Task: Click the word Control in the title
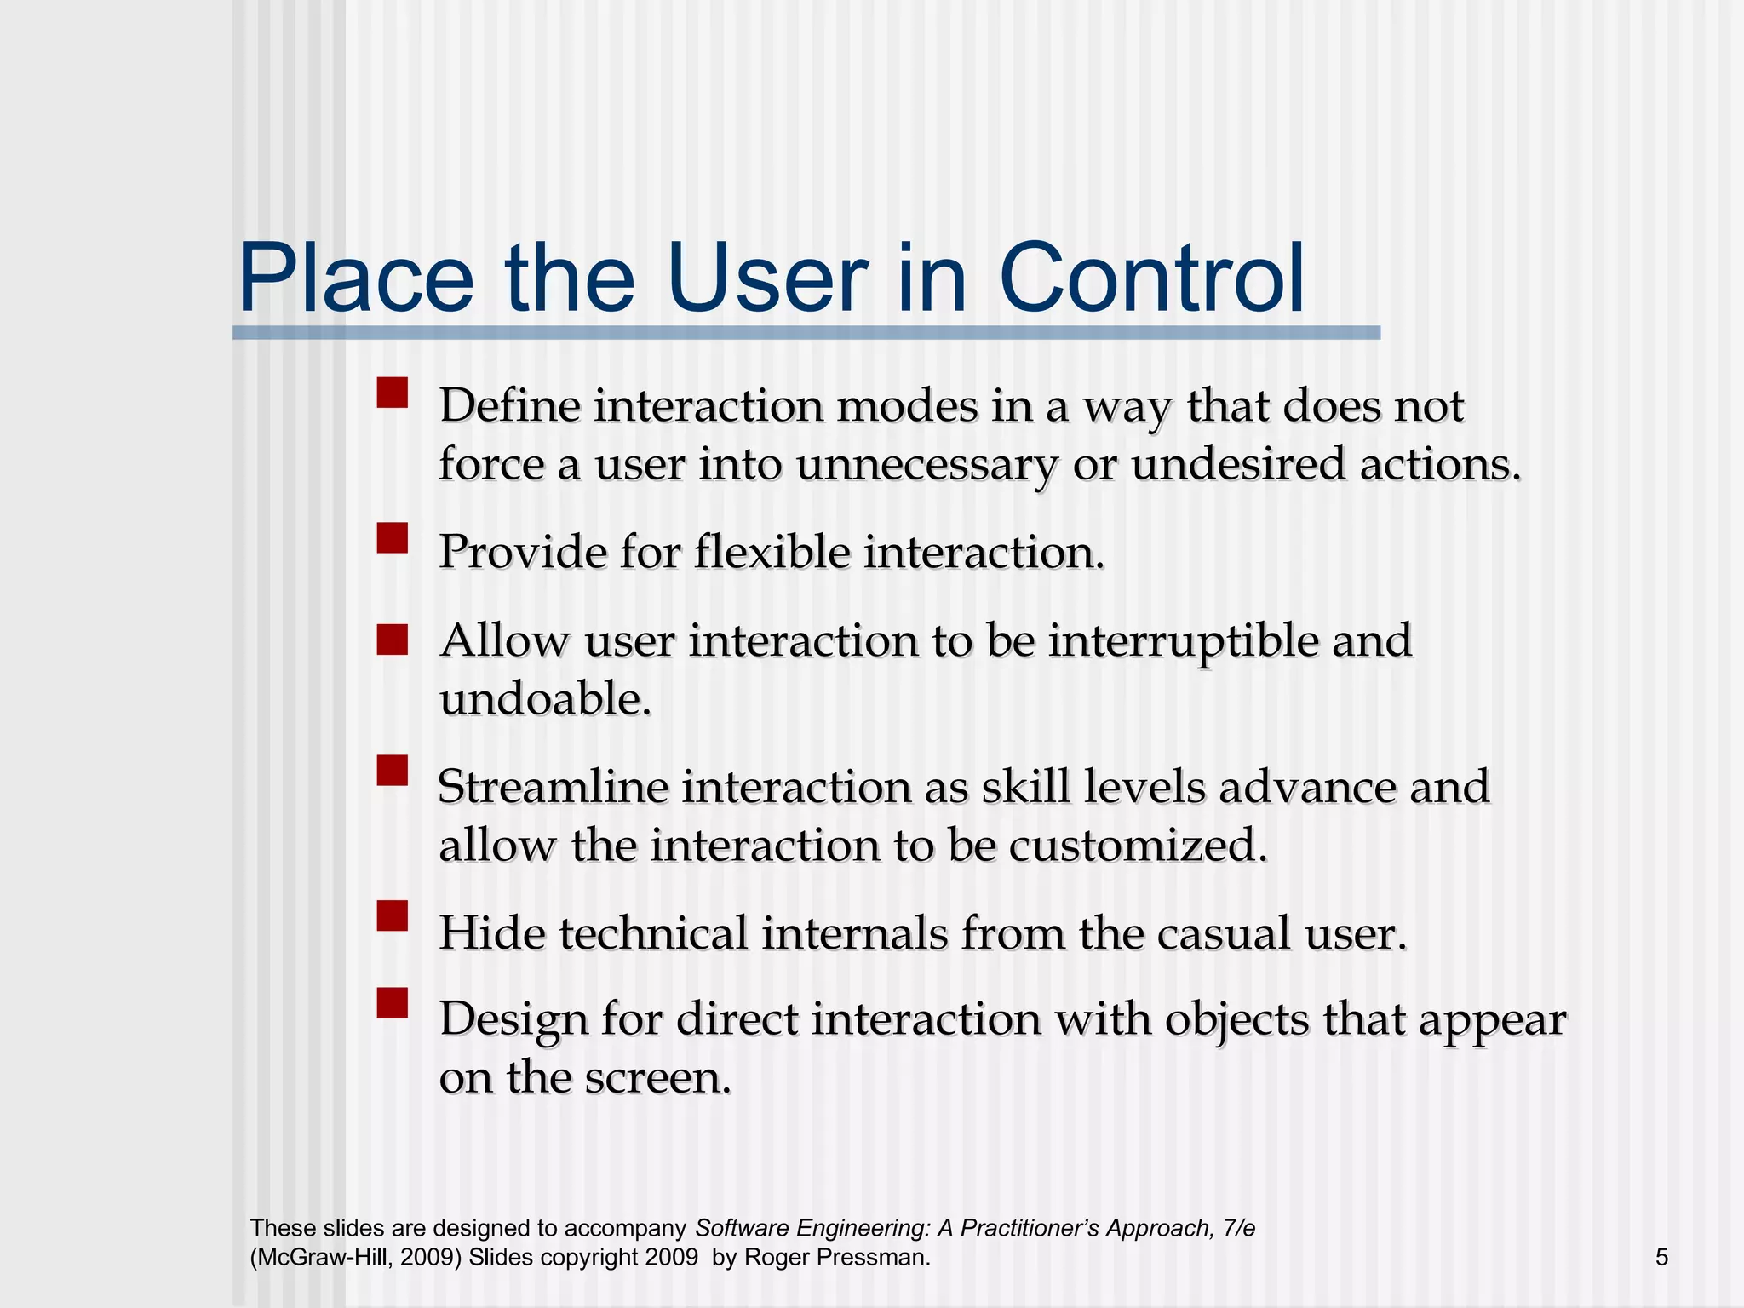click(1151, 278)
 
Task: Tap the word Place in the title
click(356, 278)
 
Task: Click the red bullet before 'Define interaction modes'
click(393, 393)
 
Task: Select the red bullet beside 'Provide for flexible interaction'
click(393, 538)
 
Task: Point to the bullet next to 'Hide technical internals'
click(393, 916)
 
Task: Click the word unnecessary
click(926, 466)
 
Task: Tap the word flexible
click(772, 552)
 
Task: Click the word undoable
click(545, 700)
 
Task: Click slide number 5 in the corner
click(1661, 1257)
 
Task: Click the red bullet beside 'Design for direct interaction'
click(393, 1003)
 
